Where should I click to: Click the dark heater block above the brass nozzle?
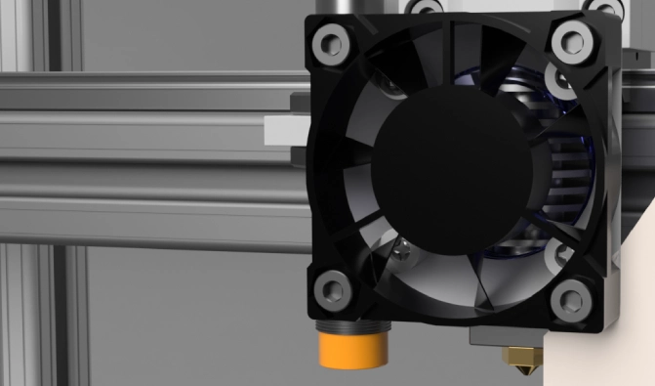point(508,337)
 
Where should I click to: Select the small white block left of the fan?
point(284,130)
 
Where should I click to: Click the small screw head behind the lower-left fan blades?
point(399,251)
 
